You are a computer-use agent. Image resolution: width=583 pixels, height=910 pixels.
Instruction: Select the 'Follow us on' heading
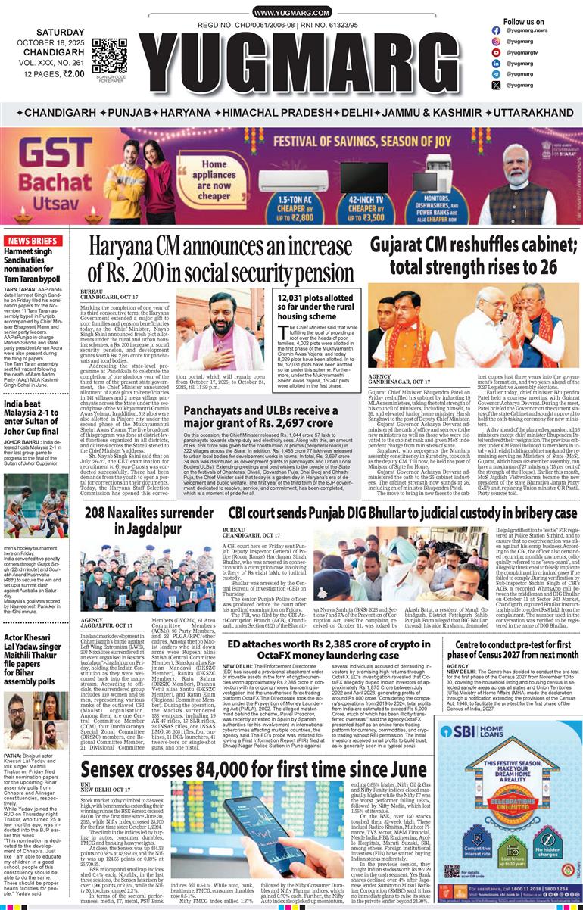click(x=523, y=22)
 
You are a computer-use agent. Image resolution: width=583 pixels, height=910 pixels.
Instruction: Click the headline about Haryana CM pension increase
click(x=220, y=260)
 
